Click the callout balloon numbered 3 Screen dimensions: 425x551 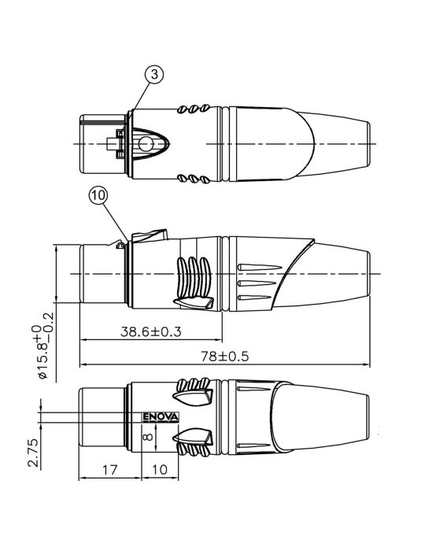tap(154, 75)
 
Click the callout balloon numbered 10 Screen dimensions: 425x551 tap(98, 195)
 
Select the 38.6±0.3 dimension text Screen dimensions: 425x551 tap(150, 331)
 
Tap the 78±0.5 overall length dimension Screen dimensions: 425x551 tap(225, 357)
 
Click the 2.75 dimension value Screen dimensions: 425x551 tap(33, 453)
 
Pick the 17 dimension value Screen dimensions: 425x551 tap(109, 469)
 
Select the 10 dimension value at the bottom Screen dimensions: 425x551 tap(160, 469)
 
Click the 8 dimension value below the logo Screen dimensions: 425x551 tap(148, 436)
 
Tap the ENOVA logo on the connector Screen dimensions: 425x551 tap(161, 416)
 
